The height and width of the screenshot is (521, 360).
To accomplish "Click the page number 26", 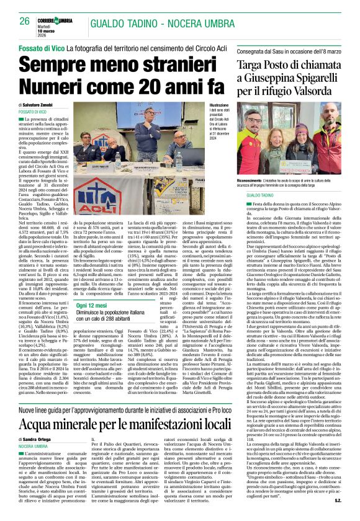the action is [x=24, y=21].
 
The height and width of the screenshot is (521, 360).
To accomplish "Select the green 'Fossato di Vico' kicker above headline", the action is [x=40, y=48].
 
